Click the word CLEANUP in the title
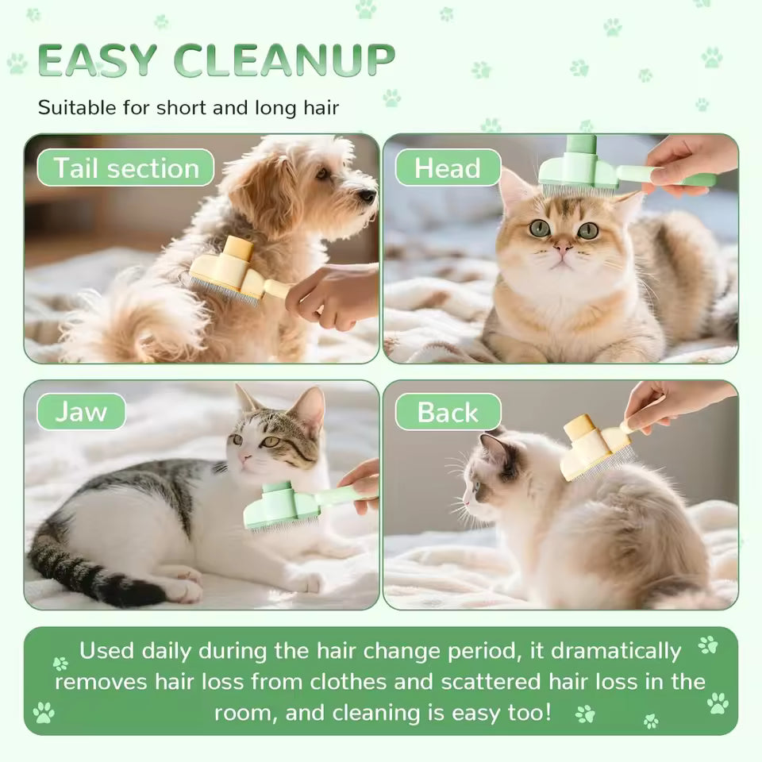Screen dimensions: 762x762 (284, 61)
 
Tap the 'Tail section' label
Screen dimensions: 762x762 (125, 168)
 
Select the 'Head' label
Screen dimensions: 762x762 (448, 168)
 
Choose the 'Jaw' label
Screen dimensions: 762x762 (81, 412)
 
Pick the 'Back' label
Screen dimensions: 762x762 (448, 412)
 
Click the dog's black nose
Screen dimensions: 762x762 (367, 195)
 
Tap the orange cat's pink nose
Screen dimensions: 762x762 (562, 248)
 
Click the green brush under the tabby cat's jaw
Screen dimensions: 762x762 (282, 506)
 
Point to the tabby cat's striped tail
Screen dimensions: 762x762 (87, 575)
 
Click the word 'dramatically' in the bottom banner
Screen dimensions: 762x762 (616, 651)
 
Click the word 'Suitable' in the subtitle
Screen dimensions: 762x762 (76, 107)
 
